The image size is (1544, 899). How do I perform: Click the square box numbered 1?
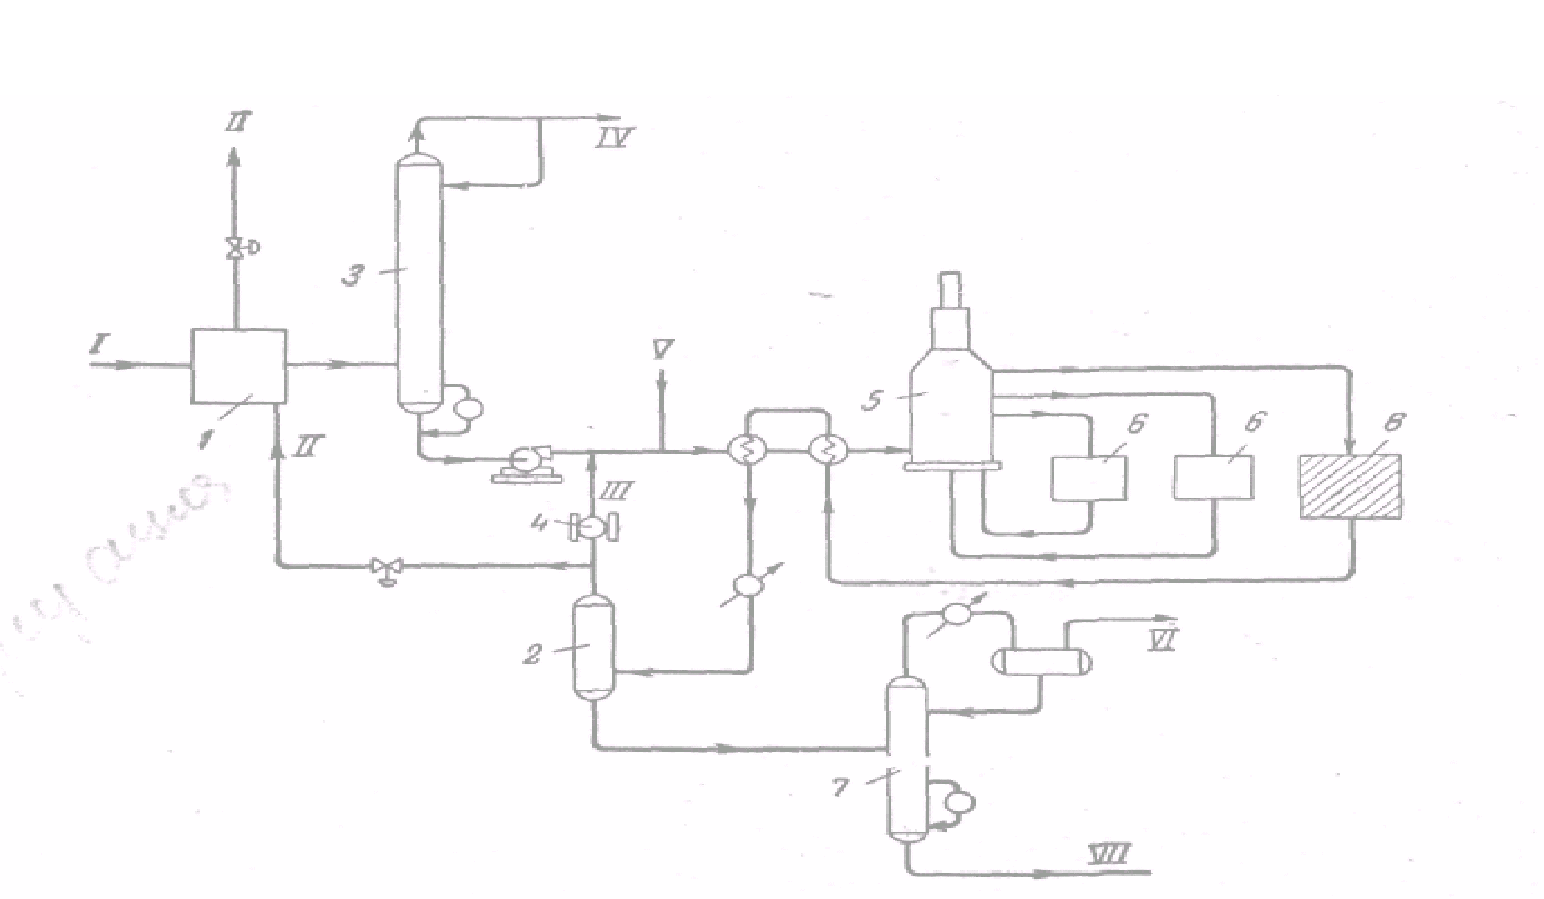[238, 366]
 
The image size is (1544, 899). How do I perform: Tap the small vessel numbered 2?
[594, 649]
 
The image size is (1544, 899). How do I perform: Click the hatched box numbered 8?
[1350, 486]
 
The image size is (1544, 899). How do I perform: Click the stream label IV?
[614, 138]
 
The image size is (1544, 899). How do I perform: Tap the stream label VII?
[1109, 854]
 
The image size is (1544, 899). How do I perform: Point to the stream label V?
[663, 349]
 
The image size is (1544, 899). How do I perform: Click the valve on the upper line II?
[236, 248]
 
